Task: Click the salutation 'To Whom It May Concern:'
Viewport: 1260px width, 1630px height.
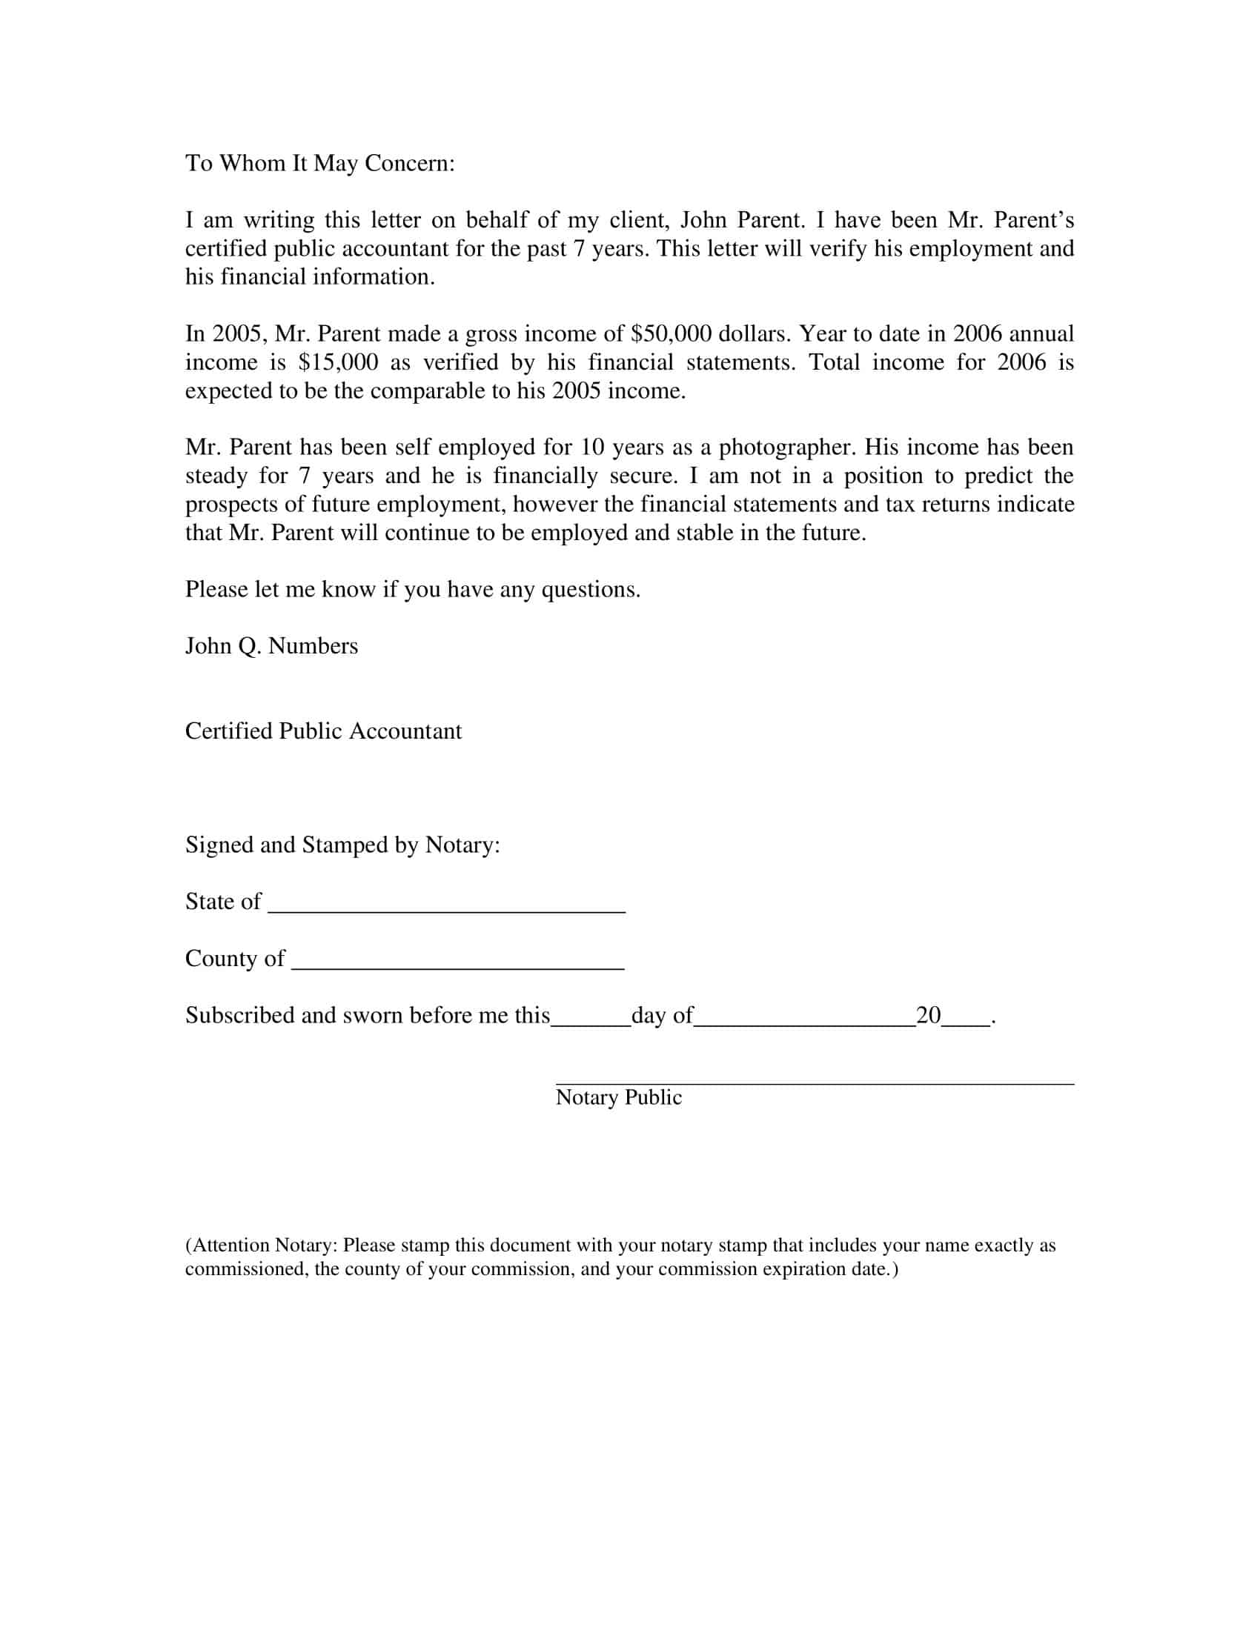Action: click(x=319, y=163)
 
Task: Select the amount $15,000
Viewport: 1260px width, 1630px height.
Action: click(x=337, y=362)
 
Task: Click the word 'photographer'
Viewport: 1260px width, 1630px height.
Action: click(x=787, y=447)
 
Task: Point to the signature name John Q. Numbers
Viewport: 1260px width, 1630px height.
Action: click(x=271, y=645)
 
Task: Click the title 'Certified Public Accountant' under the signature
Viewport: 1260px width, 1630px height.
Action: click(x=323, y=731)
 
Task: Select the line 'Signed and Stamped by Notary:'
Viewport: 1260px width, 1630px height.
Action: click(x=342, y=845)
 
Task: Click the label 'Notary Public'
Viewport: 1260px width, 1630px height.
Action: click(x=618, y=1097)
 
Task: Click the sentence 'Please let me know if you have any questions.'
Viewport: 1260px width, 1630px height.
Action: click(x=413, y=590)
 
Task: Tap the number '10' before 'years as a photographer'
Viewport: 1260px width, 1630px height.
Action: click(x=591, y=447)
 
